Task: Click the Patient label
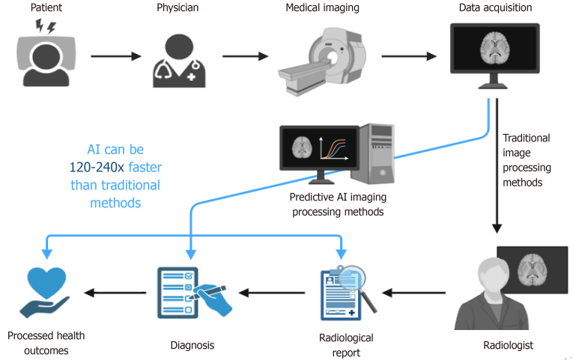36,8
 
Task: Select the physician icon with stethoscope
177,58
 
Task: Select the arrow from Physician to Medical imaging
244,55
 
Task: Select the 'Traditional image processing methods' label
526,160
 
